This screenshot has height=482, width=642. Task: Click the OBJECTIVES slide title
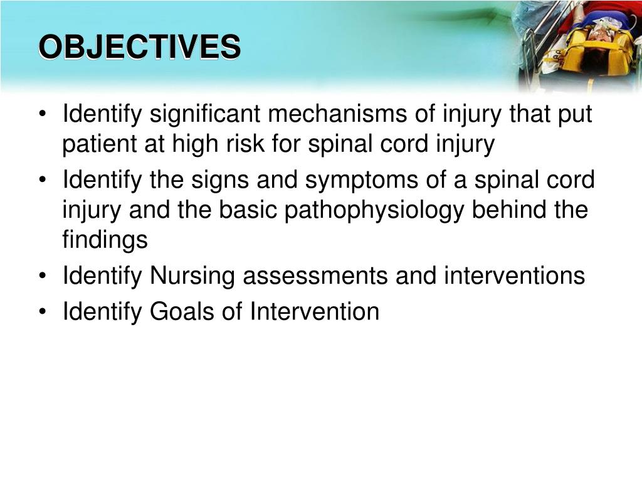tap(140, 47)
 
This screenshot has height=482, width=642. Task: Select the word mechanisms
tap(337, 114)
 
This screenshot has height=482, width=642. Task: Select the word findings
tap(105, 239)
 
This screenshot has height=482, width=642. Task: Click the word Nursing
tap(192, 277)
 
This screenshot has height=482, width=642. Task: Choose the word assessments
tap(315, 276)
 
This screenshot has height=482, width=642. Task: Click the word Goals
tap(182, 311)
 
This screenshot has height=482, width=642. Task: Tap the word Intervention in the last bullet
tap(314, 311)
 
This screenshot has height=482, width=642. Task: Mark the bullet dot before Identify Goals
tap(42, 312)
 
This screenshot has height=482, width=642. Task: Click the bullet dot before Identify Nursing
tap(42, 276)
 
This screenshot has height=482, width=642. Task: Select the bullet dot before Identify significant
tap(42, 114)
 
